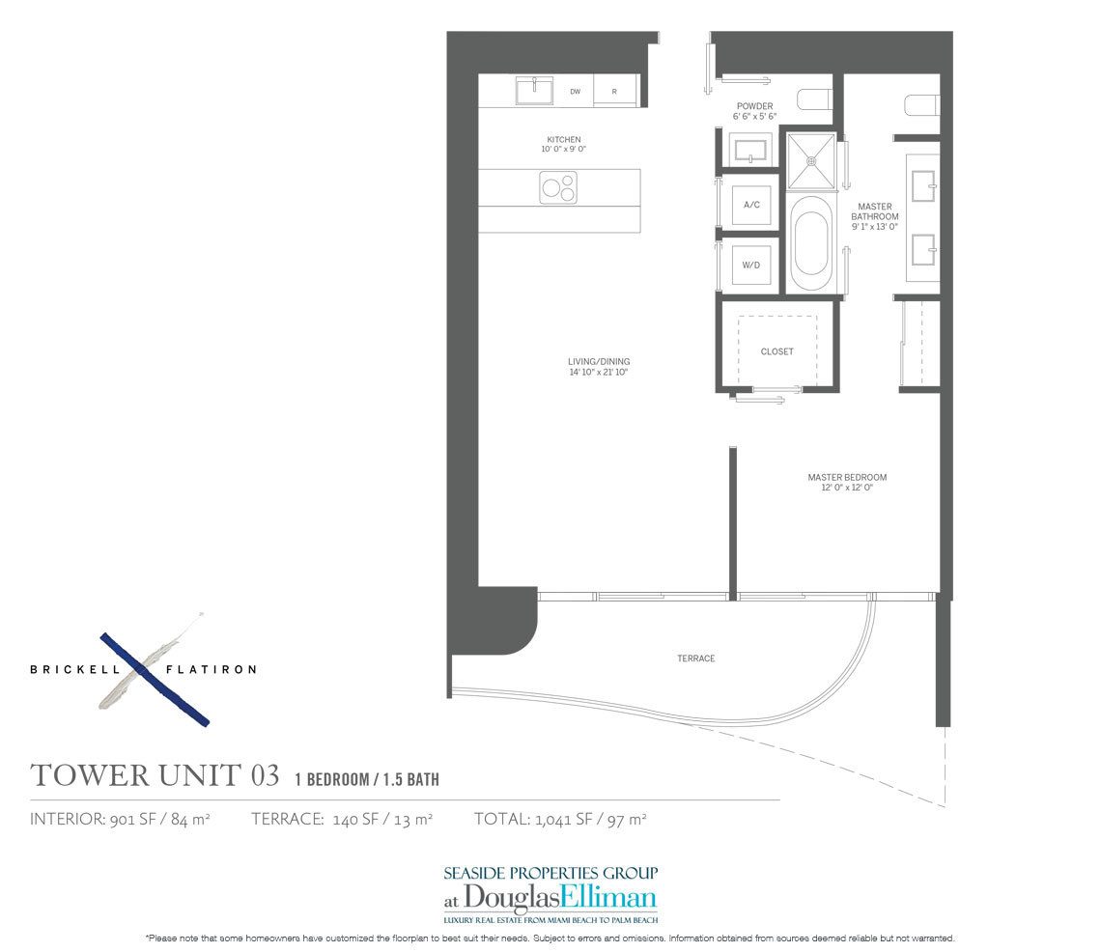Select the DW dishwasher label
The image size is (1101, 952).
click(x=575, y=92)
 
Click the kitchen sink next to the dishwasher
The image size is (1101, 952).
click(x=533, y=91)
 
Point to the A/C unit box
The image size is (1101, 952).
click(x=751, y=205)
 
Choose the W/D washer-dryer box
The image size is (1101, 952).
click(x=751, y=264)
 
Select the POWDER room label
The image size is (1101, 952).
click(x=754, y=106)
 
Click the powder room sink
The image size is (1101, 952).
click(x=750, y=150)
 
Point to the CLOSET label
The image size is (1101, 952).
click(x=776, y=351)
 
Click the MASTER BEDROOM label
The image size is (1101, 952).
click(x=847, y=477)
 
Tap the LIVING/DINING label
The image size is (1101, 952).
click(x=599, y=362)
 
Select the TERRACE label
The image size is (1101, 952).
click(x=695, y=658)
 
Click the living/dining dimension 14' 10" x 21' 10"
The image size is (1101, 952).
click(x=599, y=373)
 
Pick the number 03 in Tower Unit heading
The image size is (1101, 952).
click(x=265, y=775)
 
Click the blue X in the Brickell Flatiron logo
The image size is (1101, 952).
click(x=155, y=679)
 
